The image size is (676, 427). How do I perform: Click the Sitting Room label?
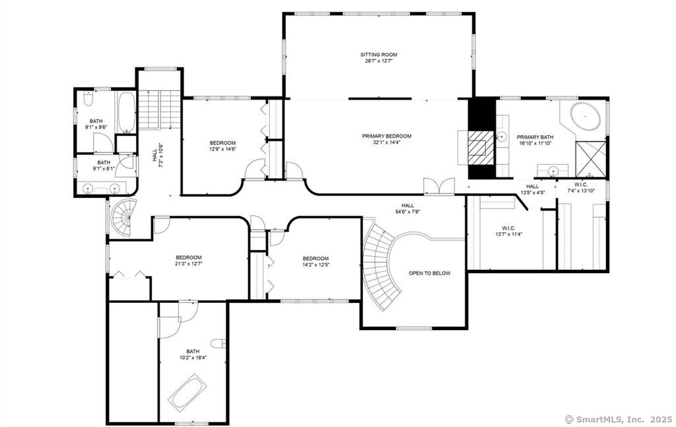378,55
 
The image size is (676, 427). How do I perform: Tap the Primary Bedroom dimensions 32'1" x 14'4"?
386,142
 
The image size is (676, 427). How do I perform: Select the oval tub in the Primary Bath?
586,116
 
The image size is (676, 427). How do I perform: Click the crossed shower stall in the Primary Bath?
591,159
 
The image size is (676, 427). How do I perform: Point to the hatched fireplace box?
481,147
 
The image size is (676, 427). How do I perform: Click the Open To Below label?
429,273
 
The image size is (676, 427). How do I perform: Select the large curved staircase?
382,265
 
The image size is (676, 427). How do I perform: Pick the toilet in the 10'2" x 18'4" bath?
219,343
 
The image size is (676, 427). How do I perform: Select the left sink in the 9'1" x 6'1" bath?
88,188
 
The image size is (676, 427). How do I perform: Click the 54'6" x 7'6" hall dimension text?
407,212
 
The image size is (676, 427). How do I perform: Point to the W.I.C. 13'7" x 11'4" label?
508,232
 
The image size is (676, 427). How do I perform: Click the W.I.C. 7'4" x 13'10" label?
581,187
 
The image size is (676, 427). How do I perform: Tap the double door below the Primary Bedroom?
439,186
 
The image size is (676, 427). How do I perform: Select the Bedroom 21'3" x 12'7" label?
188,261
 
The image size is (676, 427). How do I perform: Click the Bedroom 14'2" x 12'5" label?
316,261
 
